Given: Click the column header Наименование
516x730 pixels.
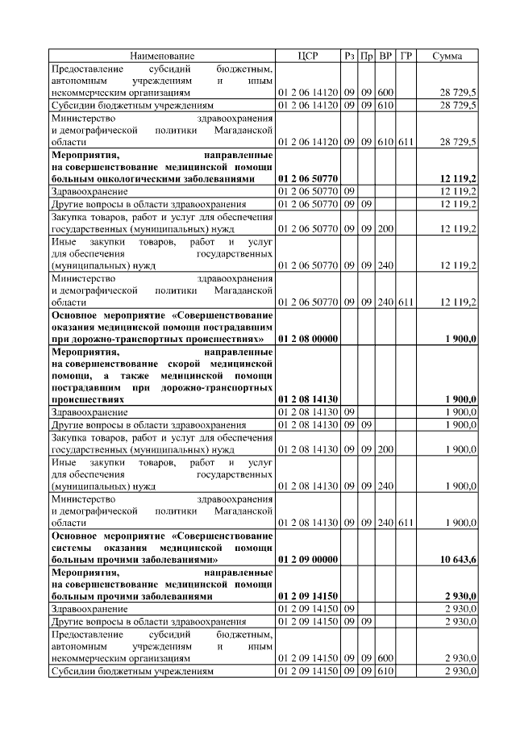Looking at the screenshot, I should click(162, 56).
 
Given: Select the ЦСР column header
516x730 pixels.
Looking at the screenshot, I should click(308, 56).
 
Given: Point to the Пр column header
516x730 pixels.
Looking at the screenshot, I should click(367, 56).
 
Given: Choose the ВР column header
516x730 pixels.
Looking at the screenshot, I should click(386, 56).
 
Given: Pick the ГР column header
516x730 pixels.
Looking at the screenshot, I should click(406, 56).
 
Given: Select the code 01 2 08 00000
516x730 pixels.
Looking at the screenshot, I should click(308, 340).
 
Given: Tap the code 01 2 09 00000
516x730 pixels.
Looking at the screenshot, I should click(308, 558).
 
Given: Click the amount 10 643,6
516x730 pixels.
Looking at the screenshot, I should click(459, 558).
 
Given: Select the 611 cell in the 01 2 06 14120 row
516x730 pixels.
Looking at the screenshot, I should click(406, 142).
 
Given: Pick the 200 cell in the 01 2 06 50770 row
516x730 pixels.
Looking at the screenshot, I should click(385, 229).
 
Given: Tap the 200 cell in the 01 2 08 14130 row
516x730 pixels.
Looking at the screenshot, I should click(385, 448).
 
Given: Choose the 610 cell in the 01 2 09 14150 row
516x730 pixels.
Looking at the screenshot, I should click(385, 671).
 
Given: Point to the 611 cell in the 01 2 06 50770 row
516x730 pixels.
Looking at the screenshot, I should click(406, 302).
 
